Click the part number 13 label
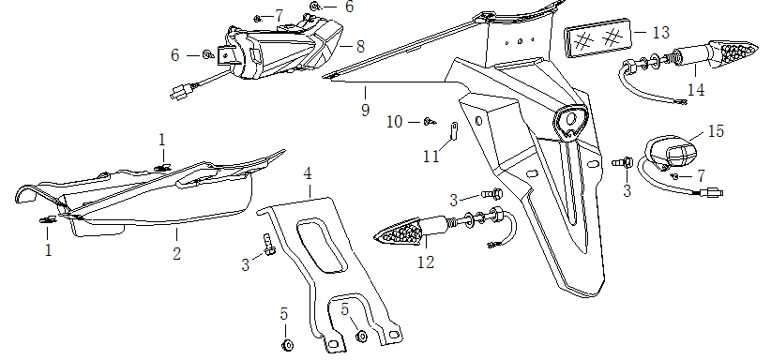pyautogui.click(x=661, y=33)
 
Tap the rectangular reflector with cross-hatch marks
pyautogui.click(x=597, y=38)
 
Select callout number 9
pyautogui.click(x=365, y=109)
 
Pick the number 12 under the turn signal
pyautogui.click(x=426, y=262)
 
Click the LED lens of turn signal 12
pyautogui.click(x=398, y=232)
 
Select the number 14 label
pyautogui.click(x=696, y=91)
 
